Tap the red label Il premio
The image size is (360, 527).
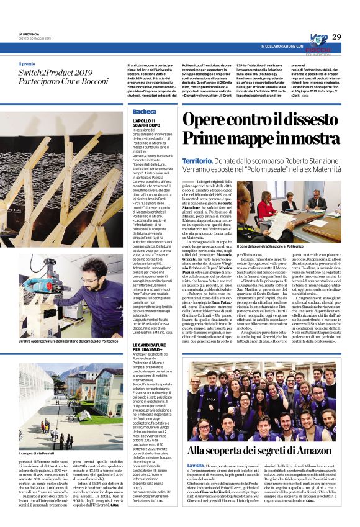(27, 64)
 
